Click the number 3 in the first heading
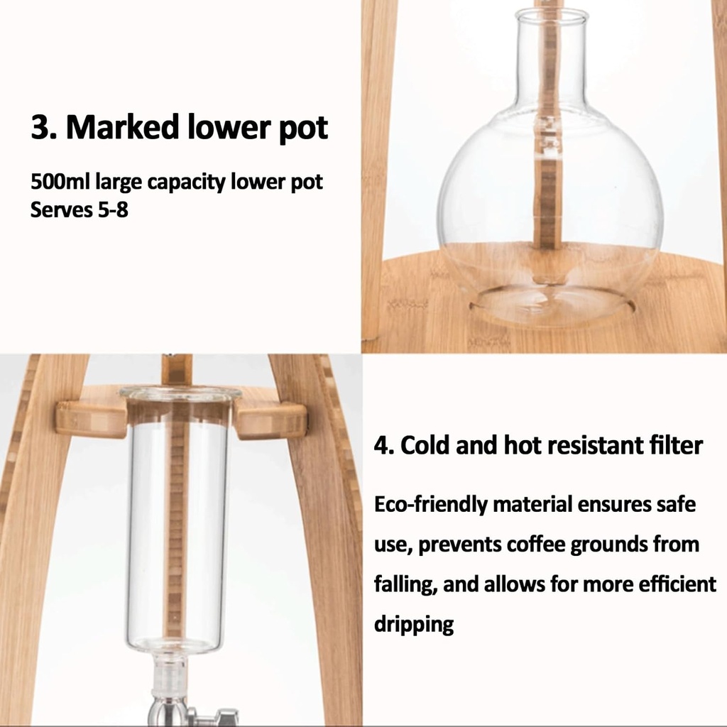pos(41,129)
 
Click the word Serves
pos(59,210)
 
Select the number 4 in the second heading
pos(381,446)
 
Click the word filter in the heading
pos(675,446)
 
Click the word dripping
pos(413,625)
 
